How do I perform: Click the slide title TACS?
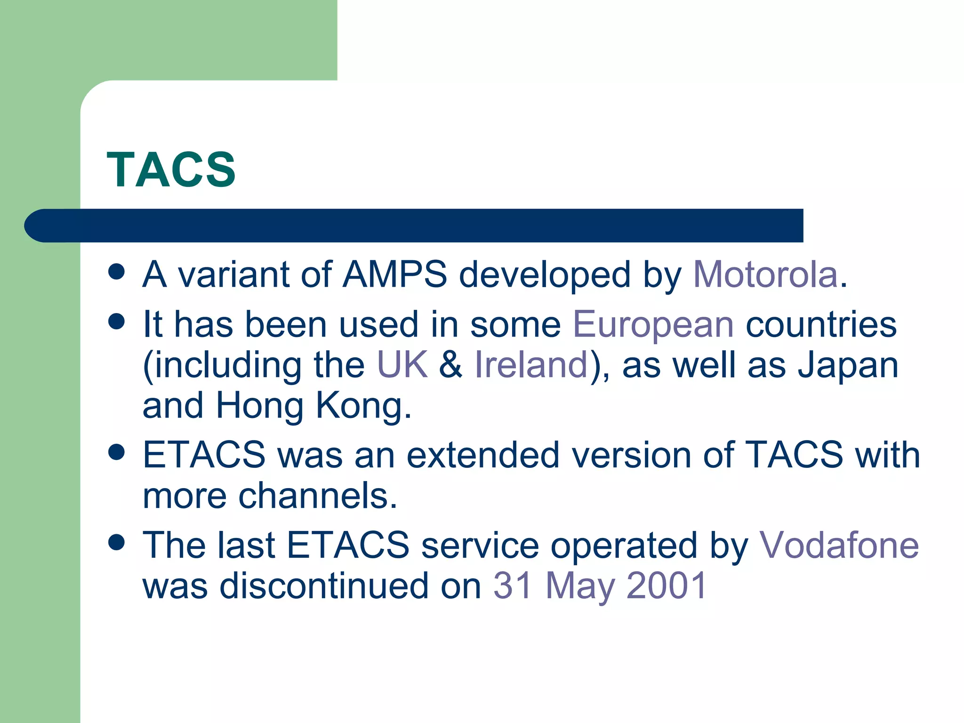pyautogui.click(x=171, y=170)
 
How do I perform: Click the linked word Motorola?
pyautogui.click(x=765, y=274)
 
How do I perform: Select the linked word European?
pyautogui.click(x=653, y=325)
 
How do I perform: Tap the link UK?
pyautogui.click(x=402, y=365)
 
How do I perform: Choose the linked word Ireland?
pyautogui.click(x=531, y=365)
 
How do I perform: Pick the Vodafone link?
pyautogui.click(x=839, y=545)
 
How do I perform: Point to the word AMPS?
pyautogui.click(x=395, y=274)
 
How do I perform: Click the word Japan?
pyautogui.click(x=848, y=366)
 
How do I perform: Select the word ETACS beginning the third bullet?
pyautogui.click(x=204, y=455)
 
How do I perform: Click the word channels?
pyautogui.click(x=318, y=496)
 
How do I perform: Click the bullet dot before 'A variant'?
pyautogui.click(x=116, y=272)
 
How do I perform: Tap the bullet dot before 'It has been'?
pyautogui.click(x=116, y=322)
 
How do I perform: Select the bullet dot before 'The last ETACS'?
pyautogui.click(x=116, y=542)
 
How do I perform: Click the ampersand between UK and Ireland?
pyautogui.click(x=451, y=365)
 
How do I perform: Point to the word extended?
pyautogui.click(x=483, y=455)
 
